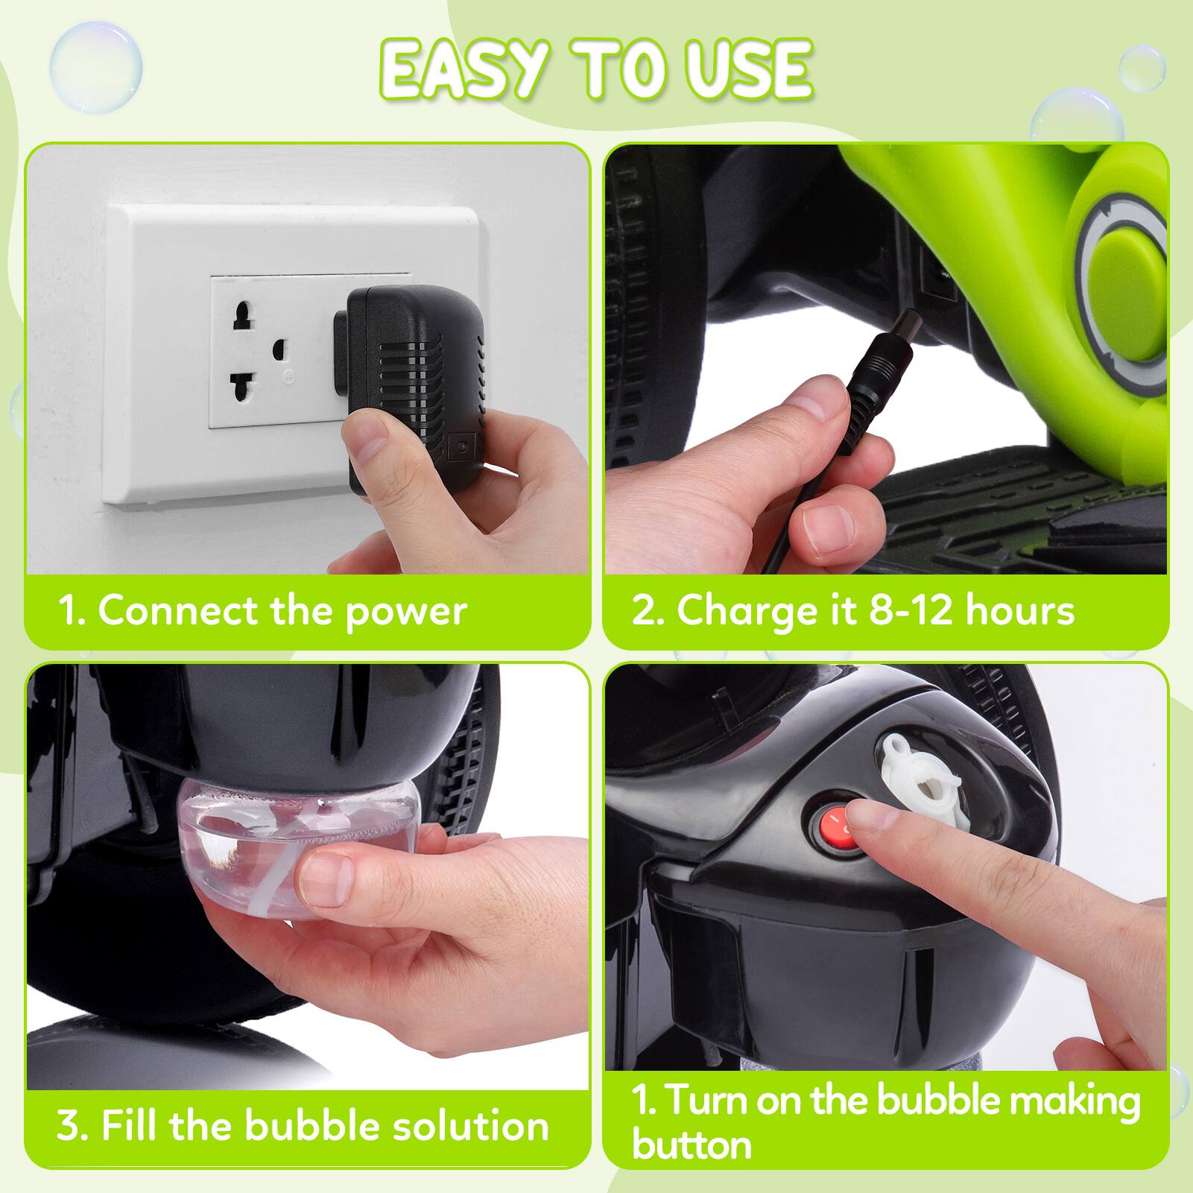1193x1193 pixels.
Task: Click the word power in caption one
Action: coord(406,611)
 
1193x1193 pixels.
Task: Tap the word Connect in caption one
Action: coord(178,611)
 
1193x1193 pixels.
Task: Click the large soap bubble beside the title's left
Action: coord(96,67)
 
